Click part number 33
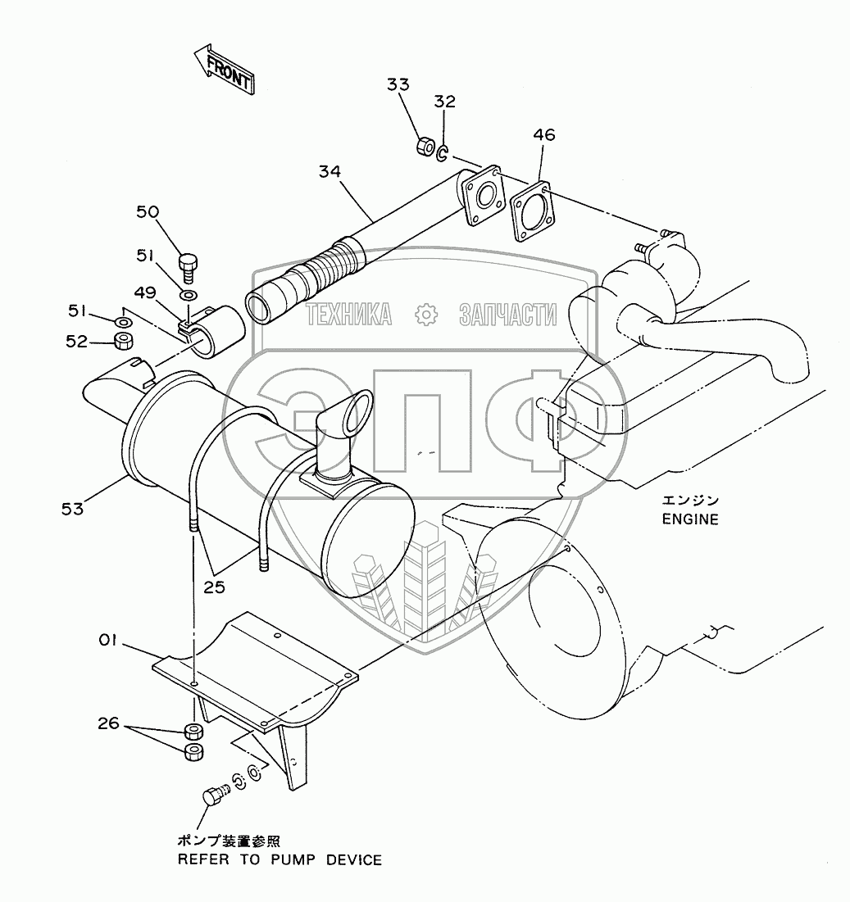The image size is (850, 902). point(398,85)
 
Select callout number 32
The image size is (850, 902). point(445,102)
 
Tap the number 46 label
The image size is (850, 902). point(543,135)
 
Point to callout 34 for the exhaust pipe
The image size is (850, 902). point(331,171)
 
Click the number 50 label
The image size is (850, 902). point(148,212)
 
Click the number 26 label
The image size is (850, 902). point(109,723)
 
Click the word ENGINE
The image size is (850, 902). point(690,519)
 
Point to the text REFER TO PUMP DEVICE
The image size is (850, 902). point(280,860)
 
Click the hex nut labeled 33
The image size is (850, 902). point(425,147)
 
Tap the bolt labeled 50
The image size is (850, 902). point(189,264)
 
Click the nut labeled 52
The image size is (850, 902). point(125,341)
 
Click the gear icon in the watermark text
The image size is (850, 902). point(425,314)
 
